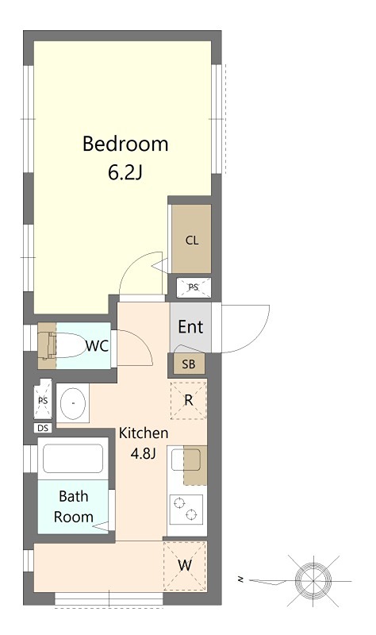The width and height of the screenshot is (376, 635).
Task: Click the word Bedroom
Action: (125, 144)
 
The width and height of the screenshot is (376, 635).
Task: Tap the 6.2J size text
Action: (125, 173)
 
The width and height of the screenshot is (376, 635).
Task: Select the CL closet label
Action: (192, 241)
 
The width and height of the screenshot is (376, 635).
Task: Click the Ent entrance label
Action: (190, 327)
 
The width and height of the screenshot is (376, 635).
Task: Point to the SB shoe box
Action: (189, 364)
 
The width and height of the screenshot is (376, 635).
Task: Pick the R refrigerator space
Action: (189, 400)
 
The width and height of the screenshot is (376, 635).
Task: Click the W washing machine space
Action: (185, 565)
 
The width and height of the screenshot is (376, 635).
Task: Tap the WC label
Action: (97, 346)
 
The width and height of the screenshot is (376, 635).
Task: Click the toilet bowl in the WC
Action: (65, 345)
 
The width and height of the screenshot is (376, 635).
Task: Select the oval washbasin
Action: (73, 403)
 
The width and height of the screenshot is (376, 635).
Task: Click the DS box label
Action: (43, 428)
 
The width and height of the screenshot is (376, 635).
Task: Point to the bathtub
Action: (73, 459)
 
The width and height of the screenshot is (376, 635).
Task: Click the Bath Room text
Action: (73, 506)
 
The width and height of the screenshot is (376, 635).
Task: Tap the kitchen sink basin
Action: (186, 460)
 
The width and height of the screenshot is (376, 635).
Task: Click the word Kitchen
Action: (144, 433)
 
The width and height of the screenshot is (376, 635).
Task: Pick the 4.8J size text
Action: (143, 454)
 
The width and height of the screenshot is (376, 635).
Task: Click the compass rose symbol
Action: (313, 581)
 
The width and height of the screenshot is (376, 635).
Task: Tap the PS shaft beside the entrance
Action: (194, 287)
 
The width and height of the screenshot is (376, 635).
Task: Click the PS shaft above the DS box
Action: (43, 401)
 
